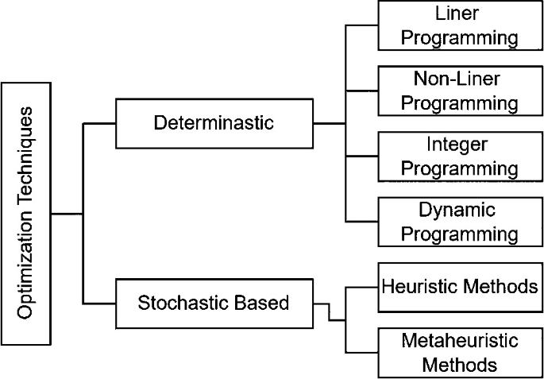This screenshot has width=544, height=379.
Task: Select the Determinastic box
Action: (x=214, y=123)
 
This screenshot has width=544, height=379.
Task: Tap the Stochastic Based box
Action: (x=214, y=303)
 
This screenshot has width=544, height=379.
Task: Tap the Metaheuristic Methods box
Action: (x=459, y=352)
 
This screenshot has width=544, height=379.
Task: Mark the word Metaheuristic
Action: (x=459, y=342)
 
